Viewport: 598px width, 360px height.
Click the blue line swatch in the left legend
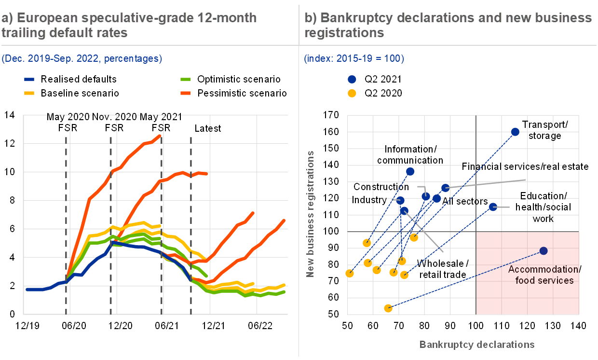point(29,79)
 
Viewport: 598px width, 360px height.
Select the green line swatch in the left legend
point(185,79)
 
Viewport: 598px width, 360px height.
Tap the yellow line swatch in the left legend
point(29,93)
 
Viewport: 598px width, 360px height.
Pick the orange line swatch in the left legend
point(185,93)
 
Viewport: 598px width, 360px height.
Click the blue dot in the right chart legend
point(352,80)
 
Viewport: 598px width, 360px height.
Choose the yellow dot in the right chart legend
point(352,93)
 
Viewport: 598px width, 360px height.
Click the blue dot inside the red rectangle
point(544,251)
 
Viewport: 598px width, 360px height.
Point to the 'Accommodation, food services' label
point(543,275)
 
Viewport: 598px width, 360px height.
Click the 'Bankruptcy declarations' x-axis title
point(477,345)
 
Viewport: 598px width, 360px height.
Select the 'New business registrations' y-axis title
point(310,214)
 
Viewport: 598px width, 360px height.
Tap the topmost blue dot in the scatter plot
point(515,132)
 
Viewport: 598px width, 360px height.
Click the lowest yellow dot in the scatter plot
point(388,308)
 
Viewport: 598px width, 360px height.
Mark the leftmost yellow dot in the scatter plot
point(350,273)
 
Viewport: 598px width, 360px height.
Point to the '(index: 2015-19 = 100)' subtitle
point(354,59)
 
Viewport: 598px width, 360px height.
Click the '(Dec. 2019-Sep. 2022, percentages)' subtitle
point(82,59)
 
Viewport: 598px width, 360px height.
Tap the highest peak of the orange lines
point(160,136)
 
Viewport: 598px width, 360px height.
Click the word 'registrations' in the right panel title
point(344,33)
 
